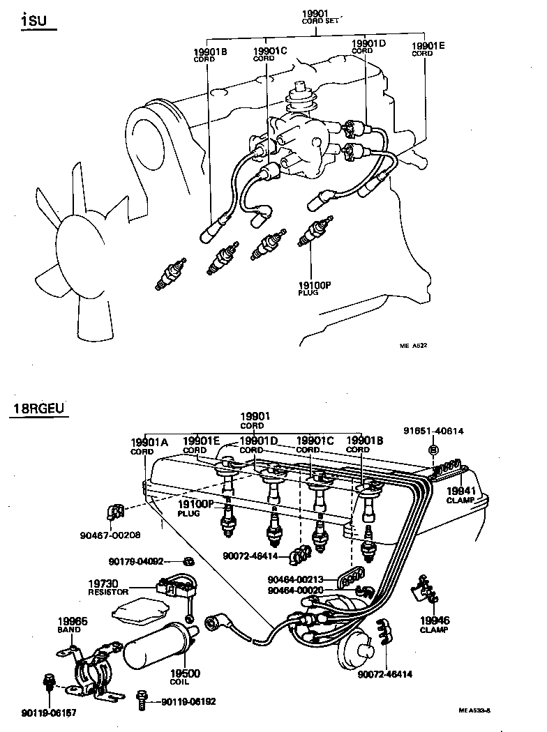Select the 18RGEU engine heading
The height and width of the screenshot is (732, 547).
click(39, 408)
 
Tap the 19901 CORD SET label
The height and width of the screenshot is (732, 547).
click(320, 17)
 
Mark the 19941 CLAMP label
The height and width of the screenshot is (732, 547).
click(460, 494)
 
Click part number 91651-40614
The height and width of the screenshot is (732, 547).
click(433, 431)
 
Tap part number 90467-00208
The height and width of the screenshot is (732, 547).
click(110, 535)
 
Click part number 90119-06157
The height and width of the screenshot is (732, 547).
click(50, 712)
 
